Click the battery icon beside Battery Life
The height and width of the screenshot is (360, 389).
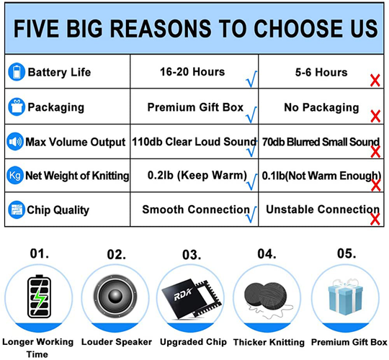click(16, 73)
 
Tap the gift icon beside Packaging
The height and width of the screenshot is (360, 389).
click(16, 108)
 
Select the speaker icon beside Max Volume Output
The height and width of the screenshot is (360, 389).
click(15, 141)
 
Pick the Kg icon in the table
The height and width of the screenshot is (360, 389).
click(15, 176)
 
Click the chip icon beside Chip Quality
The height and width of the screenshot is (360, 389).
click(15, 210)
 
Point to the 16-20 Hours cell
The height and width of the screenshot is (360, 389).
click(192, 72)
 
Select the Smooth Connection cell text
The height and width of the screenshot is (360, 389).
click(195, 210)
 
